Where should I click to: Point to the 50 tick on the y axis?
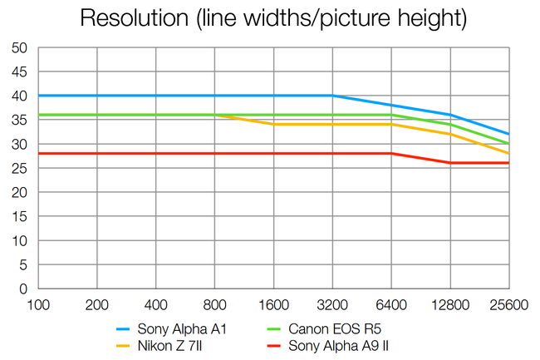click(x=20, y=48)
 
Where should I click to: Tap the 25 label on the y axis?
click(x=20, y=169)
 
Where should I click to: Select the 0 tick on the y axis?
click(x=24, y=289)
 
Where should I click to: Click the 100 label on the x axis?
click(x=38, y=305)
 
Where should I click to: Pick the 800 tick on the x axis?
click(x=215, y=305)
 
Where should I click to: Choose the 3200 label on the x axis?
click(x=332, y=305)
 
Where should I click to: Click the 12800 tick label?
click(x=449, y=305)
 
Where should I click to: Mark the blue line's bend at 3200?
click(x=332, y=96)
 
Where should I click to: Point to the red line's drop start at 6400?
click(x=391, y=154)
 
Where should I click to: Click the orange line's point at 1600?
click(x=273, y=125)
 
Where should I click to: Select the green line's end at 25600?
click(x=508, y=144)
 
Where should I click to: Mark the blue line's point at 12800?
click(x=450, y=116)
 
